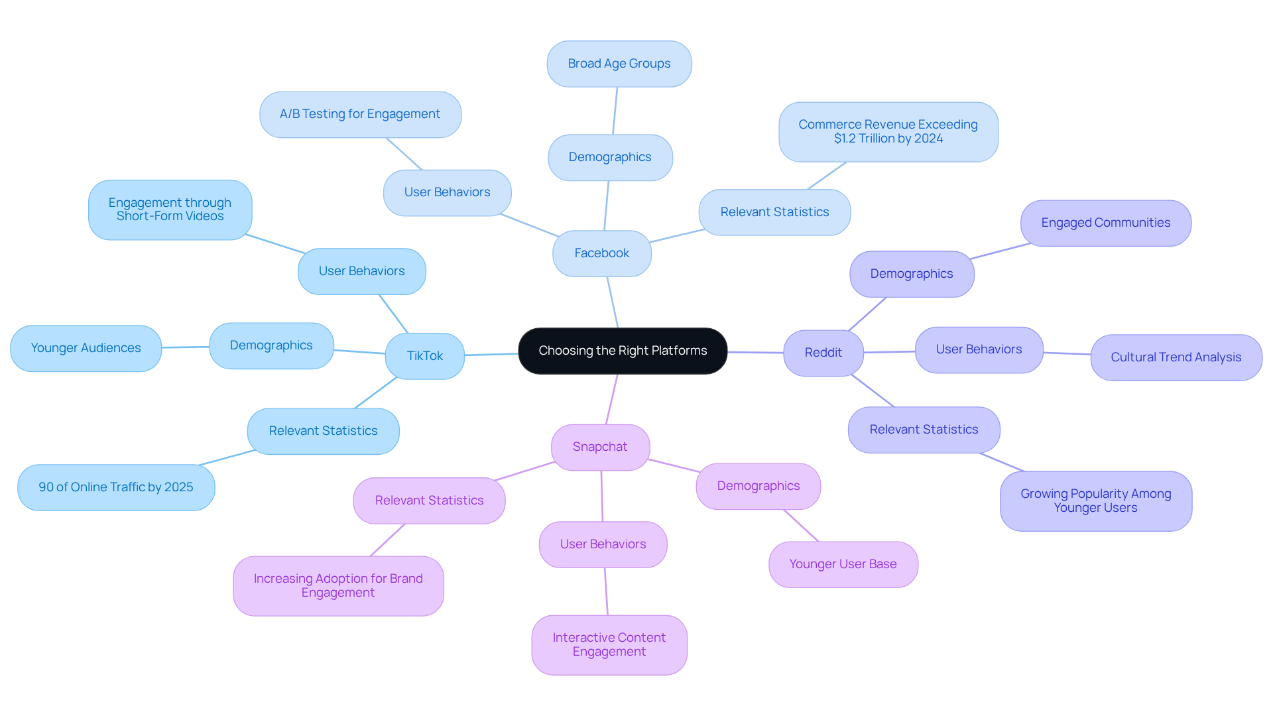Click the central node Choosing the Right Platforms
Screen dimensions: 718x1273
pos(623,351)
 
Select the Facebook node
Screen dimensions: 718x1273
pos(601,253)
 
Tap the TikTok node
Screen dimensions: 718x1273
pos(424,356)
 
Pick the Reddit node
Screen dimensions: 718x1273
pos(823,353)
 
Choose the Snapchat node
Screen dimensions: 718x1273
pos(600,447)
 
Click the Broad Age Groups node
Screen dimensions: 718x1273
pos(619,64)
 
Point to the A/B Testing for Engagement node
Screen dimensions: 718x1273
pos(360,114)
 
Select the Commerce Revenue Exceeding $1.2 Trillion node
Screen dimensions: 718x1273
pos(888,131)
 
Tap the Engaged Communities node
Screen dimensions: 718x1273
pos(1105,223)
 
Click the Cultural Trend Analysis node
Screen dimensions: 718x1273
pos(1176,357)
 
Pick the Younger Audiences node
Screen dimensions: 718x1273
pos(86,348)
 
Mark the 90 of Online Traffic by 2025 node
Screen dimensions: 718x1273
pos(116,487)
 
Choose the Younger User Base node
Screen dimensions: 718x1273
pos(843,564)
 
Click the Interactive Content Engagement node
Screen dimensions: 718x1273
pos(609,644)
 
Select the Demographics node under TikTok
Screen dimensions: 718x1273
pos(271,345)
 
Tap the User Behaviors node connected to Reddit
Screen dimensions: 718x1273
pos(979,349)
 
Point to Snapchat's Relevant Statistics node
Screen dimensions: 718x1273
pos(429,501)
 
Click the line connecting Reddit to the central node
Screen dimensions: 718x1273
pos(755,352)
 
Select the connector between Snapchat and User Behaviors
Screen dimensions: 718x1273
pos(602,496)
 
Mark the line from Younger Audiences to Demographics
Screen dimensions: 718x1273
pos(186,347)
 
